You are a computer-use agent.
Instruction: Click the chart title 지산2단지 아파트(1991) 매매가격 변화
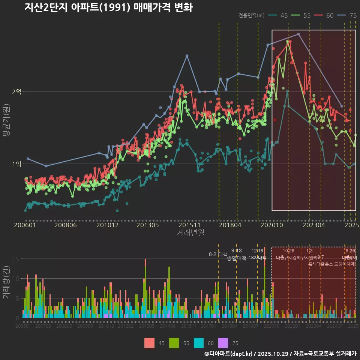point(108,7)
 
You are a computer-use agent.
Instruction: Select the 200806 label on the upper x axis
point(66,225)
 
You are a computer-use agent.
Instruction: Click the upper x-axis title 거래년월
point(190,233)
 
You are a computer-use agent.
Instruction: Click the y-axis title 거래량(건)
point(6,282)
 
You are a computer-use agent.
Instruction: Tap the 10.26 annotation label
point(288,251)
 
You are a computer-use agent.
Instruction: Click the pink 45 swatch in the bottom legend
point(149,343)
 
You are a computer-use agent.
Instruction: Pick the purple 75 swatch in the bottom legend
point(223,343)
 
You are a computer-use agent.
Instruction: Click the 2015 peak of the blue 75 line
point(187,55)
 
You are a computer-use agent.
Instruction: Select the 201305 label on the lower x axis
point(147,326)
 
